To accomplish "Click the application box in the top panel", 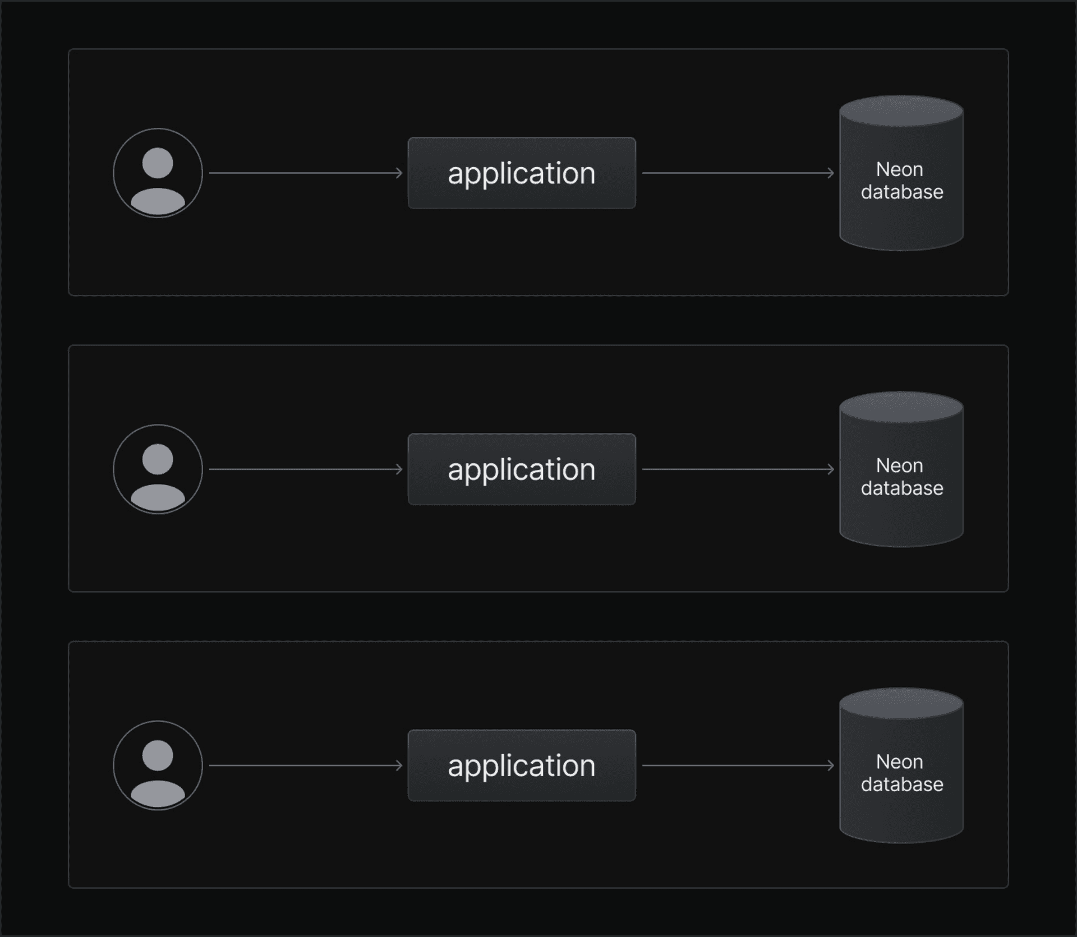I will click(x=522, y=173).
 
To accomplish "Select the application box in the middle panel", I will click(x=522, y=469).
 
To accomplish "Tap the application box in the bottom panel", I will click(x=522, y=765).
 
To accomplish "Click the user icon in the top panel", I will click(x=158, y=173).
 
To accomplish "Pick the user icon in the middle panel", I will click(x=158, y=469).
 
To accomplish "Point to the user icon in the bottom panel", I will click(x=158, y=765).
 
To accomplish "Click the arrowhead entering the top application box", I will click(x=400, y=173).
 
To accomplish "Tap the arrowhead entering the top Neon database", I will click(x=831, y=173).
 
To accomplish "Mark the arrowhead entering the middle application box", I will click(x=400, y=469).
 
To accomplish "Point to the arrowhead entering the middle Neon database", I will click(x=831, y=469).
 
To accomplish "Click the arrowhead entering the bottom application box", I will click(x=400, y=765).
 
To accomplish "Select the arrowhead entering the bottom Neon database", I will click(x=831, y=765).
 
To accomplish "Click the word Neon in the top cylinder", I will click(x=899, y=169).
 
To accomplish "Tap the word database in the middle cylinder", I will click(x=902, y=488).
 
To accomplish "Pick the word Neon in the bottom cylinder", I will click(x=899, y=761).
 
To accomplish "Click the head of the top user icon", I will click(x=158, y=163).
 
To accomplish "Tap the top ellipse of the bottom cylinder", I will click(x=901, y=703).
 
